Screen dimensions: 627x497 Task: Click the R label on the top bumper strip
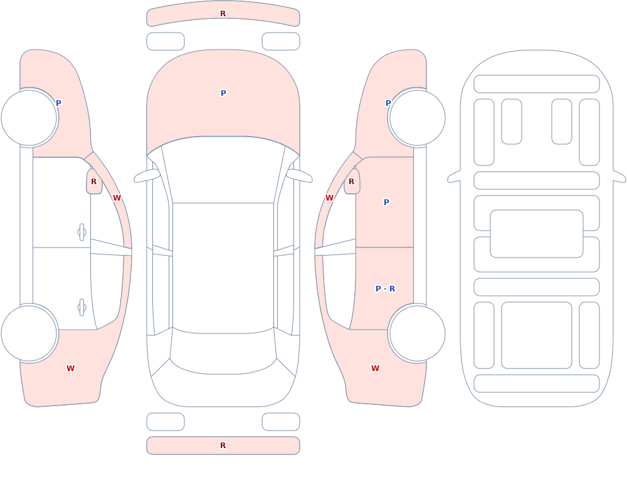(223, 14)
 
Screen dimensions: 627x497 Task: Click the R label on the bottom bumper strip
(223, 446)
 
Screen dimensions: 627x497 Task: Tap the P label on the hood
(223, 93)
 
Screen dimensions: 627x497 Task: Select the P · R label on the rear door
(386, 289)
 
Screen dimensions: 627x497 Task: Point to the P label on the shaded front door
(386, 202)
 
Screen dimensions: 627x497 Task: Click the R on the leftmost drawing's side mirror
(93, 182)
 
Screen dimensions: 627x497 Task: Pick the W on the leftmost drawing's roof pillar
(117, 198)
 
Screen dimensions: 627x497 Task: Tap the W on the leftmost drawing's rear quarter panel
(70, 369)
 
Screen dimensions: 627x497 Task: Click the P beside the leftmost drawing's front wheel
(58, 103)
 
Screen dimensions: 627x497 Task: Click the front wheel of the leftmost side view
(29, 118)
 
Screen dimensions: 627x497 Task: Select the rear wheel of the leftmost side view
(29, 333)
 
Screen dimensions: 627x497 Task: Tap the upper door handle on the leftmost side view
(82, 233)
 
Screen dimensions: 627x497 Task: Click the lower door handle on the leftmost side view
(82, 308)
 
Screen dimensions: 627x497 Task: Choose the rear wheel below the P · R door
(417, 333)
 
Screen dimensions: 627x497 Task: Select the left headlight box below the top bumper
(166, 41)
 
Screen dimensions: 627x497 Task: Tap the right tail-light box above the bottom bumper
(281, 422)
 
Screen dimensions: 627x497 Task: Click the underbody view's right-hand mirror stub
(619, 177)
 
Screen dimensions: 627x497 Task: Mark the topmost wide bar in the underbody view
(537, 84)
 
